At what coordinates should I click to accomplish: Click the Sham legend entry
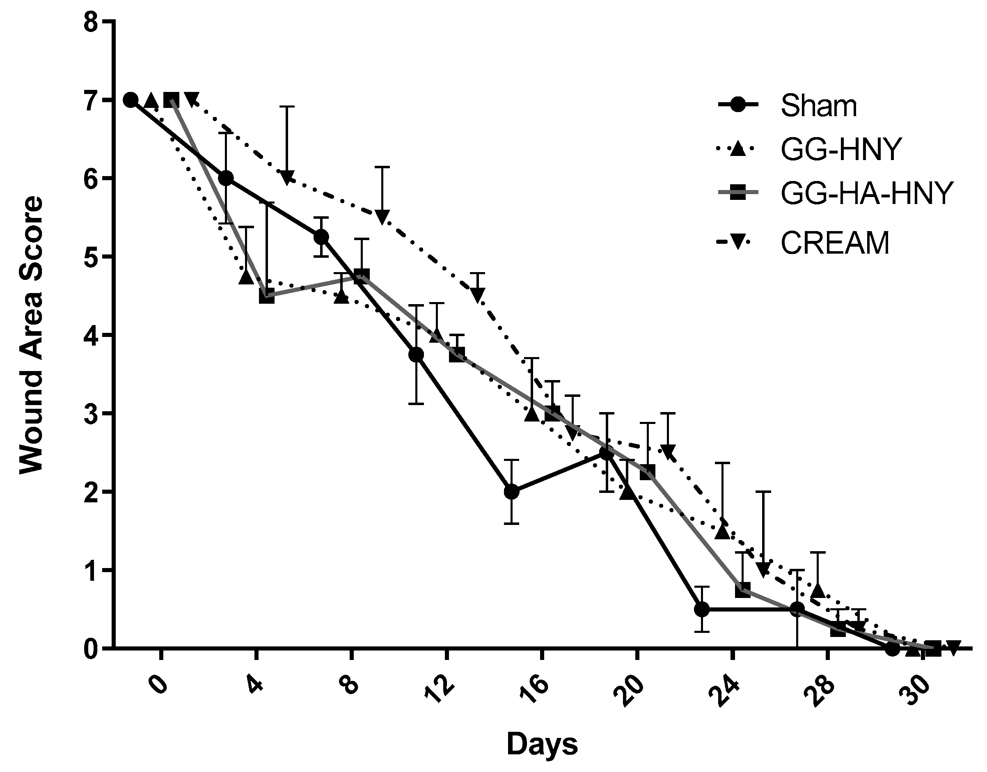point(818,106)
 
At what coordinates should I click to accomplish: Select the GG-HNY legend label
point(841,149)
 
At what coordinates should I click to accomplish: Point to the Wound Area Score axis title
point(32,335)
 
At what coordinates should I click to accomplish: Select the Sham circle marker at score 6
point(225,179)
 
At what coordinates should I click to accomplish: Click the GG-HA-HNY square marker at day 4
point(267,296)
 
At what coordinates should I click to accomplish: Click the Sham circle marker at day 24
point(701,609)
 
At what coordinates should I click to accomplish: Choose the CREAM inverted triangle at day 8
point(382,217)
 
